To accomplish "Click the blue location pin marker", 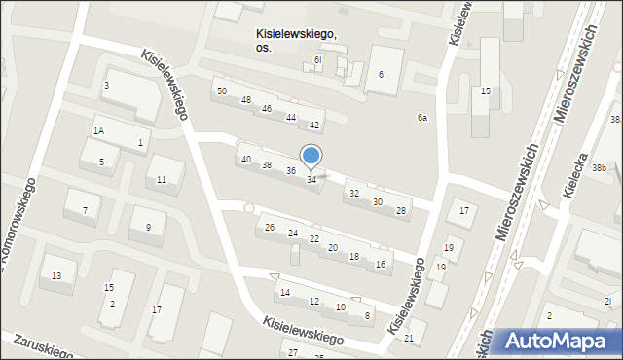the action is click(x=311, y=156).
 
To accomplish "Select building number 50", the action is click(x=222, y=90).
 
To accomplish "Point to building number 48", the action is click(x=246, y=100).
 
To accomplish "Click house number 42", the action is click(x=314, y=126).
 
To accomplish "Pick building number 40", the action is click(x=246, y=159).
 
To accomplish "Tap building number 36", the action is click(x=290, y=171).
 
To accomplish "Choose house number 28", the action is click(x=400, y=210).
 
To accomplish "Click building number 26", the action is click(x=270, y=228).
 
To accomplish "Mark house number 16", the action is click(x=381, y=265).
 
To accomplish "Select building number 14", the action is click(x=285, y=292).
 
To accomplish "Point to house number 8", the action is click(x=367, y=315).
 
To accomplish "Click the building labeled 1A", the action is click(x=98, y=130).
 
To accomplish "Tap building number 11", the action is click(x=162, y=179).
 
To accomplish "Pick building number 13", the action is click(x=56, y=276).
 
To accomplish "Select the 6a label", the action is click(x=422, y=118).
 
